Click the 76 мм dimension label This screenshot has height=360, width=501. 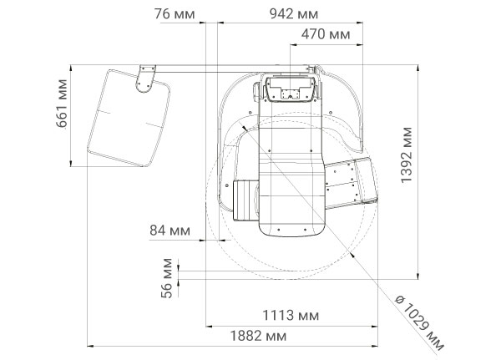175,14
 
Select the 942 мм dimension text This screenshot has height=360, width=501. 294,14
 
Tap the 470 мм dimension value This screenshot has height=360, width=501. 326,34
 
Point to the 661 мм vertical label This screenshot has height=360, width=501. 62,104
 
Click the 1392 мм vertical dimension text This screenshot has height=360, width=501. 407,155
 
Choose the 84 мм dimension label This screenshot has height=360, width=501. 170,231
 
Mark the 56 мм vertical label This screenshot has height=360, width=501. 167,278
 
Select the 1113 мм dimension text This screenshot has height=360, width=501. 291,316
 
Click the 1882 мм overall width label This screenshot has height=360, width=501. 259,336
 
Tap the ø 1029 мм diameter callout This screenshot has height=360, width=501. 419,322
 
